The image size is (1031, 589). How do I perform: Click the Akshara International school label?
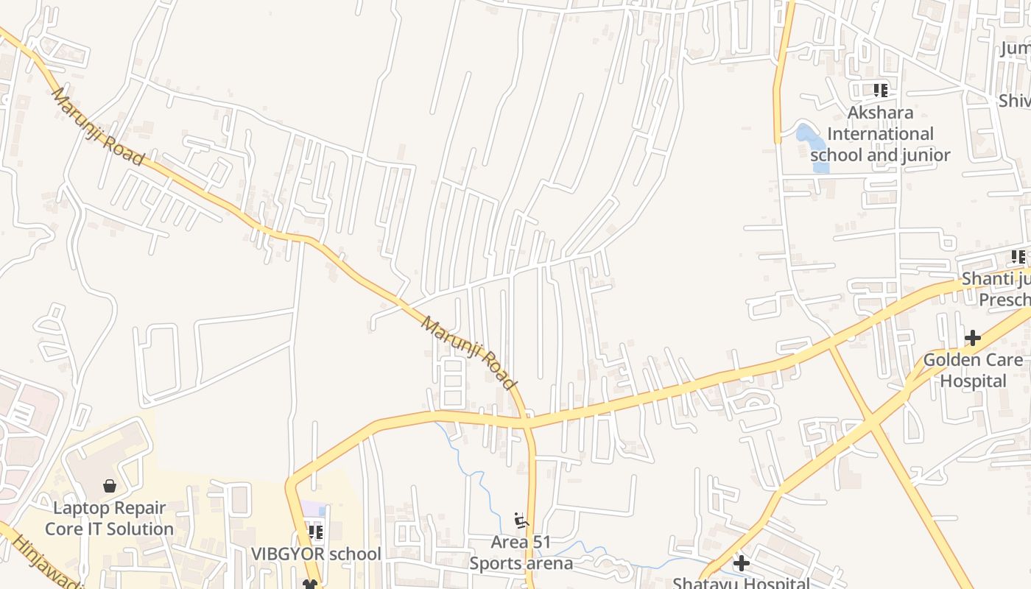click(880, 133)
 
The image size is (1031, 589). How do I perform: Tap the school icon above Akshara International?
click(880, 91)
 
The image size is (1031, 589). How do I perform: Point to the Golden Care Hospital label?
click(973, 370)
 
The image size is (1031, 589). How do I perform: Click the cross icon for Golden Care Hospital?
click(973, 338)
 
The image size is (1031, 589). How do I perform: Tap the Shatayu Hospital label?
click(742, 583)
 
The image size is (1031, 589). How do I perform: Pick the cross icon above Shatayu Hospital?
click(742, 563)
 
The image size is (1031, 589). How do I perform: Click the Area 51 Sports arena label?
click(521, 553)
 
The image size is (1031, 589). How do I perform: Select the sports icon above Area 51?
click(521, 521)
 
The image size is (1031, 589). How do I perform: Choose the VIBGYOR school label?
click(316, 554)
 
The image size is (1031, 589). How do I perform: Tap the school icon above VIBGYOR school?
click(316, 532)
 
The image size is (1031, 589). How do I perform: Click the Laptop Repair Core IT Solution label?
click(110, 518)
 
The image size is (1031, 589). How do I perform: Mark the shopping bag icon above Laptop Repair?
click(110, 486)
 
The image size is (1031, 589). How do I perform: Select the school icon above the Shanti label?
click(1018, 257)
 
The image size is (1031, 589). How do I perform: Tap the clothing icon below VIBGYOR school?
click(311, 584)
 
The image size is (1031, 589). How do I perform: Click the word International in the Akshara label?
click(880, 133)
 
